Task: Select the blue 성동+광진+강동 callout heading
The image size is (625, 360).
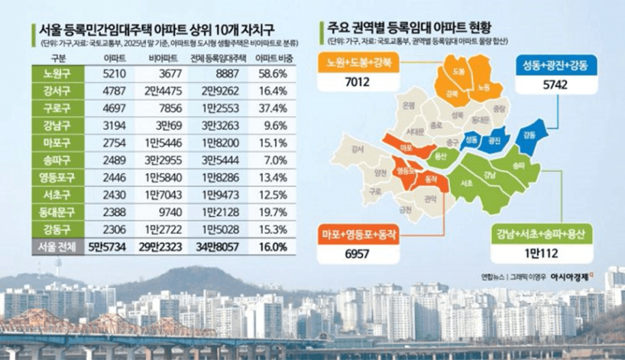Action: (555, 66)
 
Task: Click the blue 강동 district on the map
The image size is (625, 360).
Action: (527, 135)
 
